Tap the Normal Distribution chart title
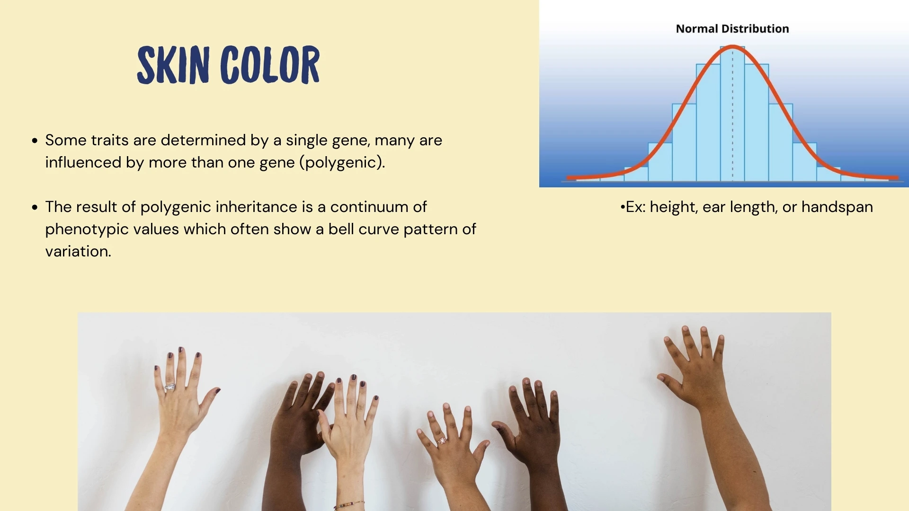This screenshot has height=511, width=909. coord(732,29)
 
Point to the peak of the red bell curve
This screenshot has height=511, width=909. coord(732,46)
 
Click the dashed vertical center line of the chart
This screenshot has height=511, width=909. coord(732,118)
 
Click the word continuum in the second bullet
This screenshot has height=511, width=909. coord(378,207)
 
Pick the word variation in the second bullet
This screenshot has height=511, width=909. coord(78,251)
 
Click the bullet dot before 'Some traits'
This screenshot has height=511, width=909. coord(35,141)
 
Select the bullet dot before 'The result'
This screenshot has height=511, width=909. coord(35,207)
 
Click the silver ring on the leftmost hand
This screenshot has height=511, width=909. coord(170,387)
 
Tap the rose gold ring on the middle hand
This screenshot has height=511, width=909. coord(442,441)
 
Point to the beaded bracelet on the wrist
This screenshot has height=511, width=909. coord(349,505)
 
